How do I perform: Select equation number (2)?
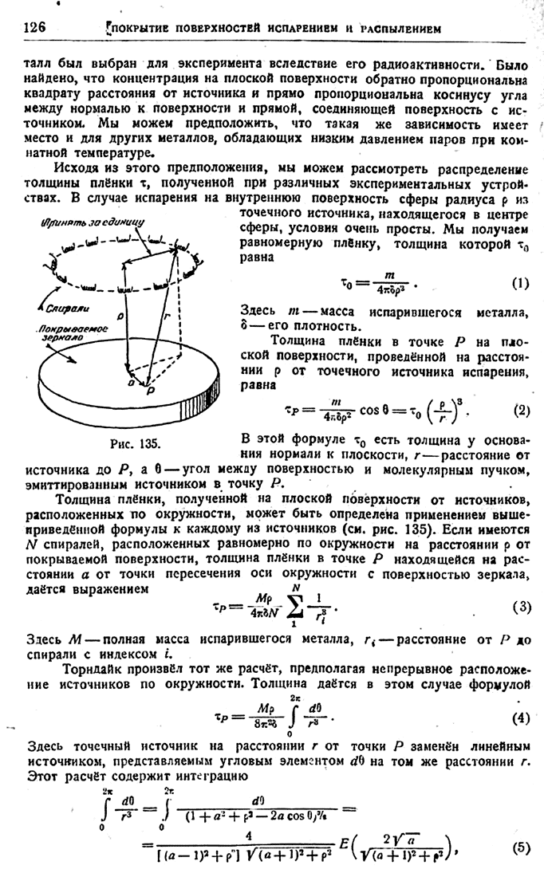point(521,411)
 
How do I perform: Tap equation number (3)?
point(521,607)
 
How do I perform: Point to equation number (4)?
point(521,716)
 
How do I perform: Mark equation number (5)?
point(521,848)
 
